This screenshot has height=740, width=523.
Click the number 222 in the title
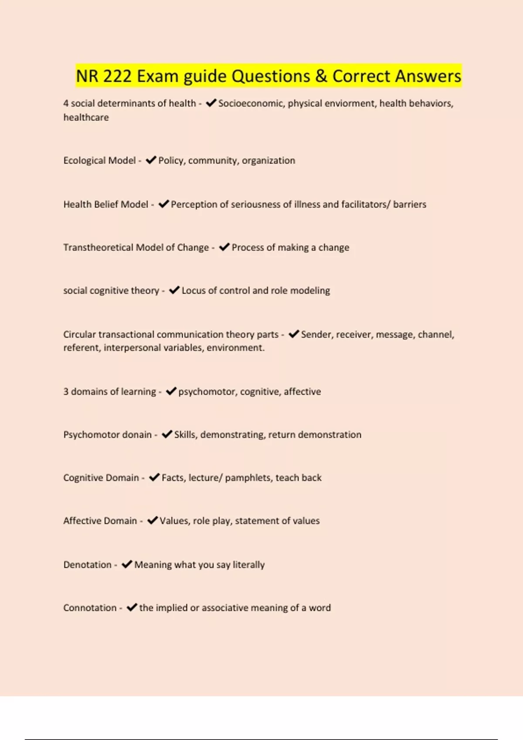point(117,76)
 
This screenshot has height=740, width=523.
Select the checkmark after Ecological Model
point(151,160)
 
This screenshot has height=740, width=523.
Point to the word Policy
point(171,161)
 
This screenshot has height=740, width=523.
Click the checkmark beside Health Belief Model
point(163,204)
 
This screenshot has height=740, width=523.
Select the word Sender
point(314,335)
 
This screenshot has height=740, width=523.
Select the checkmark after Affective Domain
point(152,521)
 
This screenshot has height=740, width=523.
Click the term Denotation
point(87,565)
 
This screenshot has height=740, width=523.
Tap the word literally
point(248,565)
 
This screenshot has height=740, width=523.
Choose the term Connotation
point(90,608)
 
